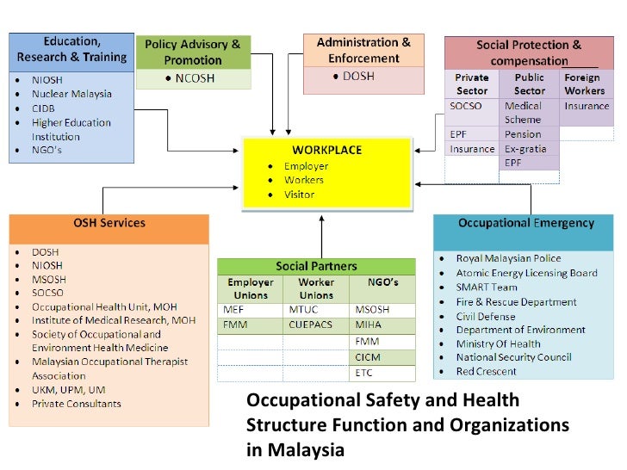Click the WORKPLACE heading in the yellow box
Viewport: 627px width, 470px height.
coord(326,150)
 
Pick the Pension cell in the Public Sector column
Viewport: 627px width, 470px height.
coord(523,134)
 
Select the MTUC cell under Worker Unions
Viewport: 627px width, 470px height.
coord(303,310)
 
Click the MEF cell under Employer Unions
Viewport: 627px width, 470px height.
coord(233,310)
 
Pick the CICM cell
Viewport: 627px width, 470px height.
coord(367,357)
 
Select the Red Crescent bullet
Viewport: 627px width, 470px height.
coord(487,372)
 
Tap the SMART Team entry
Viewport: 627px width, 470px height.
coord(487,288)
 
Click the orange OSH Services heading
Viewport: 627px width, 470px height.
coord(109,224)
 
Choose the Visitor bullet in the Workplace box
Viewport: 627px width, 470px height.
coord(299,195)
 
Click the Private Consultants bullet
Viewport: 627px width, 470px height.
coord(77,404)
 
